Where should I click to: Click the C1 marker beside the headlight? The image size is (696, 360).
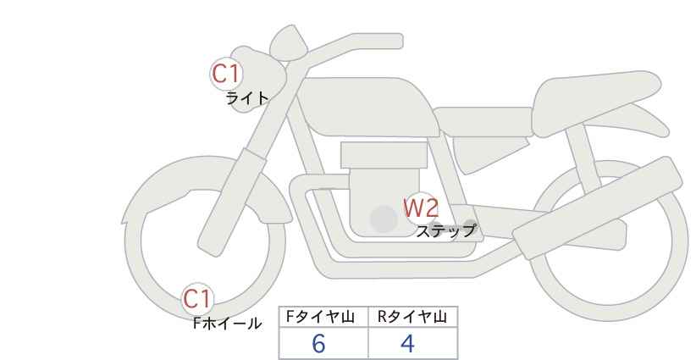[x=226, y=74]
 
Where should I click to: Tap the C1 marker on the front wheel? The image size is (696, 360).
[x=197, y=299]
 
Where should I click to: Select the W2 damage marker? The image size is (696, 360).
[x=421, y=208]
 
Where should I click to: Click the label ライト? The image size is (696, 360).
[x=246, y=98]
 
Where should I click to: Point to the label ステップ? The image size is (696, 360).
[x=445, y=231]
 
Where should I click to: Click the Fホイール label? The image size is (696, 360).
[x=227, y=324]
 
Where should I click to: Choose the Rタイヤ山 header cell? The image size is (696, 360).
[x=413, y=317]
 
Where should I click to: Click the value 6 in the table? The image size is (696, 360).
[x=318, y=344]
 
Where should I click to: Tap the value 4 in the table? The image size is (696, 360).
[x=407, y=344]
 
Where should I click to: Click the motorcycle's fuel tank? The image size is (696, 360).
[x=368, y=107]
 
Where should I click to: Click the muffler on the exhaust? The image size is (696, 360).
[x=598, y=208]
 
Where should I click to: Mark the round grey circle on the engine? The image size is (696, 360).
[x=384, y=219]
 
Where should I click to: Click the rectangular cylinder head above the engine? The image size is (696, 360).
[x=384, y=155]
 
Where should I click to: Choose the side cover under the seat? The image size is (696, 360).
[x=490, y=153]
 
